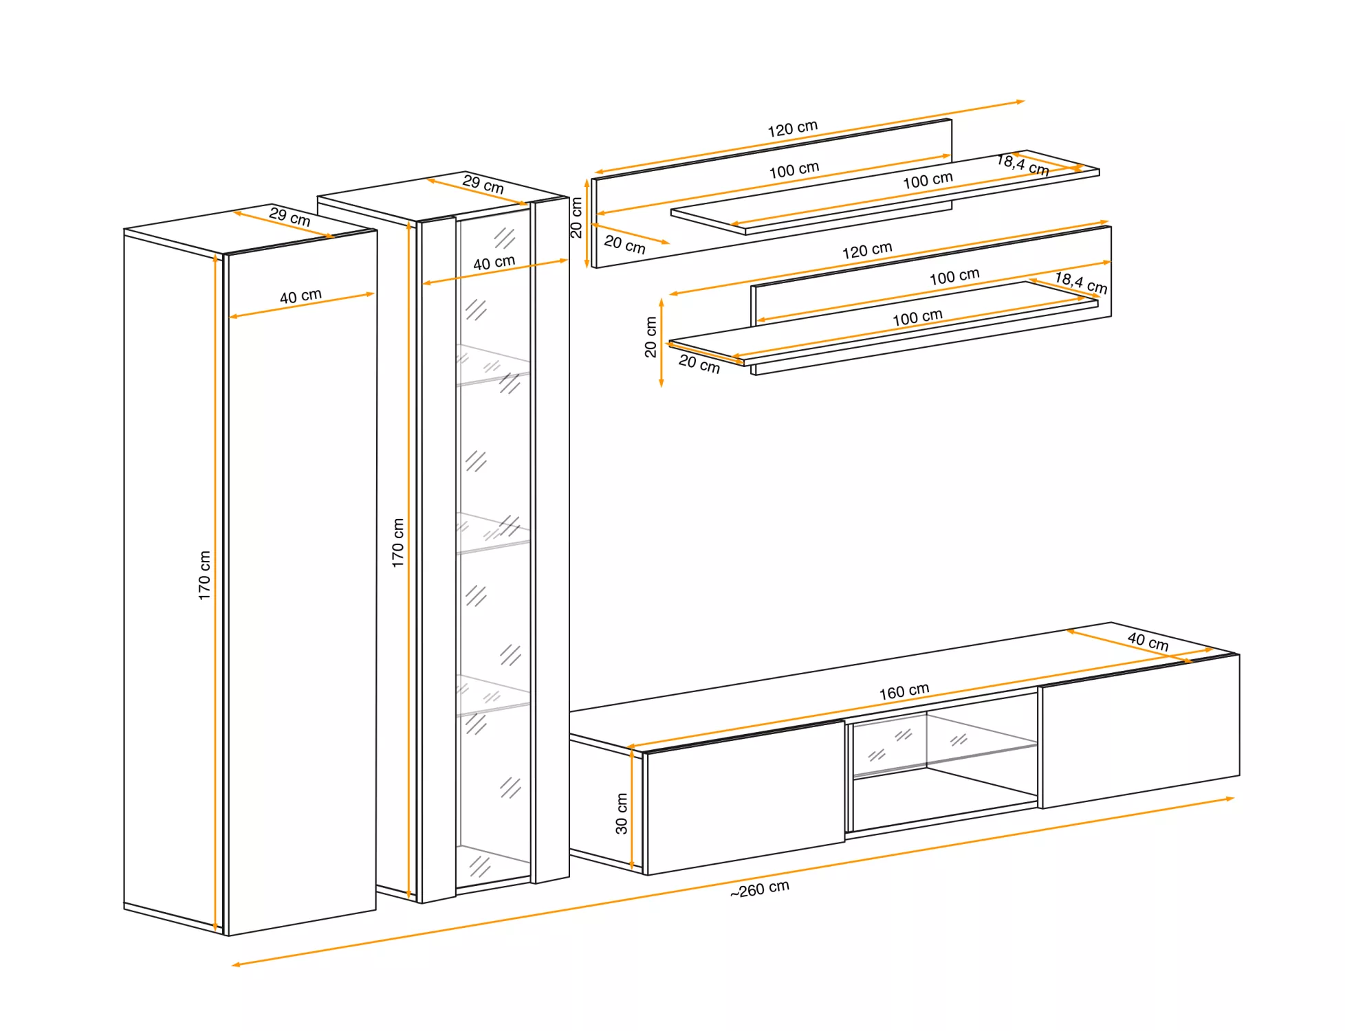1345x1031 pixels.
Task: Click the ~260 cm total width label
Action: (x=760, y=889)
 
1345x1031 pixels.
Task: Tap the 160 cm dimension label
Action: (x=904, y=691)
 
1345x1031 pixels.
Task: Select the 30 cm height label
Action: (x=622, y=814)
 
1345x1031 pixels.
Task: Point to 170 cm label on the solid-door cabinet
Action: (x=204, y=575)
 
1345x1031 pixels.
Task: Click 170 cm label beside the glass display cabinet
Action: (x=397, y=543)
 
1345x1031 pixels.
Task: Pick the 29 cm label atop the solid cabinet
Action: (x=289, y=217)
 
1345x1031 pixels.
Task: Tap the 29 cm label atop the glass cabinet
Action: (x=483, y=184)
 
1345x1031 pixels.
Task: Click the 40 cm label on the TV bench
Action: (x=1148, y=641)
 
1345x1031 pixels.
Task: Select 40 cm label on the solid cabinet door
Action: (x=300, y=296)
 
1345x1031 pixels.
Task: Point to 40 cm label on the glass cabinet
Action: (x=494, y=263)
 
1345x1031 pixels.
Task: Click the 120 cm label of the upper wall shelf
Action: (x=792, y=129)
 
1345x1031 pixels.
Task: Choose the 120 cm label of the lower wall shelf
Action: (x=867, y=250)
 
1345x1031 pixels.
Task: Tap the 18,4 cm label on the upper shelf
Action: (x=1023, y=165)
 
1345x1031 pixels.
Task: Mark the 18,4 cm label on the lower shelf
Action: (x=1081, y=282)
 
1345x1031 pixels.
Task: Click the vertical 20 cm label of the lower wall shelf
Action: (x=650, y=337)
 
